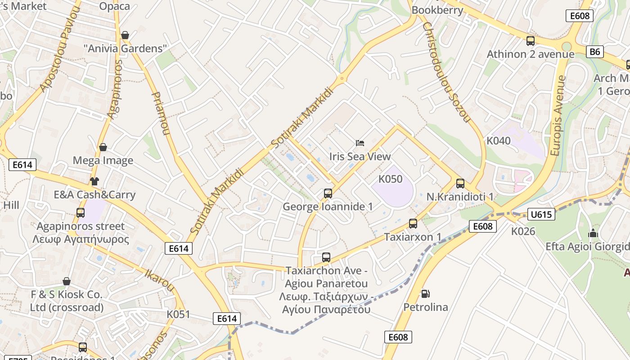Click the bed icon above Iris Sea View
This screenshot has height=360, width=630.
pos(360,143)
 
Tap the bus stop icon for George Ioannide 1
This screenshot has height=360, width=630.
pos(328,193)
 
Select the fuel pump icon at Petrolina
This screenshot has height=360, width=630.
pos(425,294)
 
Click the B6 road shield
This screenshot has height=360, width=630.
pos(595,52)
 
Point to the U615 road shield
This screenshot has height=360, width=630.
pos(541,214)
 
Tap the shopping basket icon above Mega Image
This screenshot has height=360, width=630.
pos(103,147)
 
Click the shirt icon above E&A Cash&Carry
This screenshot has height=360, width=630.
pos(94,181)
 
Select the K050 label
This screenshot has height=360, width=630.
pos(390,179)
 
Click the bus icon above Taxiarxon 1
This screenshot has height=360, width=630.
pos(413,223)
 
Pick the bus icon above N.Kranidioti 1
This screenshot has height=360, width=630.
pos(460,183)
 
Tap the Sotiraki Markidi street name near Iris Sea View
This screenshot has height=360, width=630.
pos(302,118)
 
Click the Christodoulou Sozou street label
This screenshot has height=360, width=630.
pos(446,72)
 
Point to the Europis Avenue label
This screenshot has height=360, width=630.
pos(558,116)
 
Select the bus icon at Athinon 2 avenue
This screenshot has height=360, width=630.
pos(531,41)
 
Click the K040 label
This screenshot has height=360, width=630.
pos(499,141)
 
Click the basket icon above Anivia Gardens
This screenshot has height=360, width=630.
pos(125,35)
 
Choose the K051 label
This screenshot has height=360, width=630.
pos(178,314)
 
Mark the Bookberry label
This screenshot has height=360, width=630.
pos(437,9)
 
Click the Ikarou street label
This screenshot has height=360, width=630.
pos(159,279)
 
